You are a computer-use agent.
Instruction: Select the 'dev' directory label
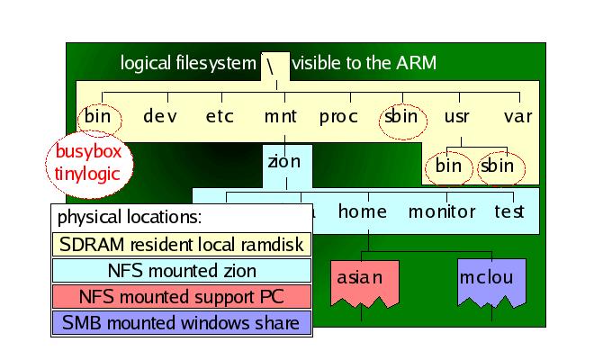(x=160, y=116)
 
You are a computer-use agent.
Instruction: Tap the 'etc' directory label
(x=220, y=116)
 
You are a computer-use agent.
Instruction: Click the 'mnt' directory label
(x=280, y=116)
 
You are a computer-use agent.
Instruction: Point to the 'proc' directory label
(x=338, y=116)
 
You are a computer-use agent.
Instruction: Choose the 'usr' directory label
(x=456, y=116)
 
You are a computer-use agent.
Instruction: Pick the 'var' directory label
(x=518, y=116)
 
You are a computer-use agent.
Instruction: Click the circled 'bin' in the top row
(x=97, y=116)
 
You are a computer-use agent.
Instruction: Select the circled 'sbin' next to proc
(x=400, y=116)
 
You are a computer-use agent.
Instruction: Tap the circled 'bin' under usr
(x=448, y=166)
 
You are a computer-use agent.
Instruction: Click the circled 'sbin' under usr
(x=497, y=166)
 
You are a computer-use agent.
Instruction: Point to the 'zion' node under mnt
(x=284, y=163)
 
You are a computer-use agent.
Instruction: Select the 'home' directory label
(x=363, y=211)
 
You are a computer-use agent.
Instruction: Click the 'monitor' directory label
(x=442, y=211)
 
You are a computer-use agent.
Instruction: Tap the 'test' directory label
(x=509, y=211)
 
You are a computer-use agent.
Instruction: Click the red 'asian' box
(x=359, y=279)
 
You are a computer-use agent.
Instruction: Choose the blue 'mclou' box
(x=486, y=279)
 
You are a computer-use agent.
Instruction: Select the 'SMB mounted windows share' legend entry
(x=180, y=322)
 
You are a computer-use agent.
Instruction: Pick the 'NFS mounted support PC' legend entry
(x=180, y=296)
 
